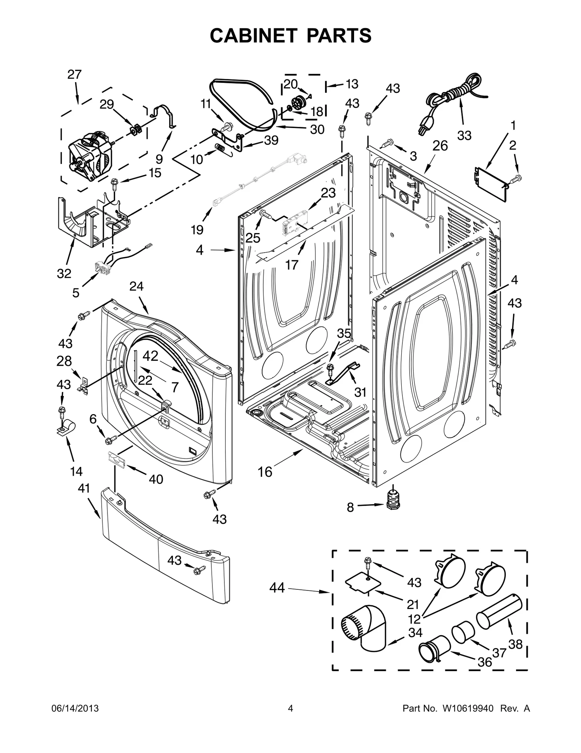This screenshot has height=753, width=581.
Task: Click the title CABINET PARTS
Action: pyautogui.click(x=290, y=35)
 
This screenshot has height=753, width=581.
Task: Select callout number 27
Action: pyautogui.click(x=74, y=75)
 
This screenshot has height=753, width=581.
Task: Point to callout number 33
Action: pyautogui.click(x=464, y=135)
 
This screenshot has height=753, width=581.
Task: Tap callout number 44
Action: pyautogui.click(x=277, y=588)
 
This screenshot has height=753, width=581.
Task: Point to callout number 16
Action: pyautogui.click(x=265, y=472)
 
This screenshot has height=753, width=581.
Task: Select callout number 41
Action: pyautogui.click(x=84, y=488)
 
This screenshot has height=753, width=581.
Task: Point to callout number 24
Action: pyautogui.click(x=137, y=287)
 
